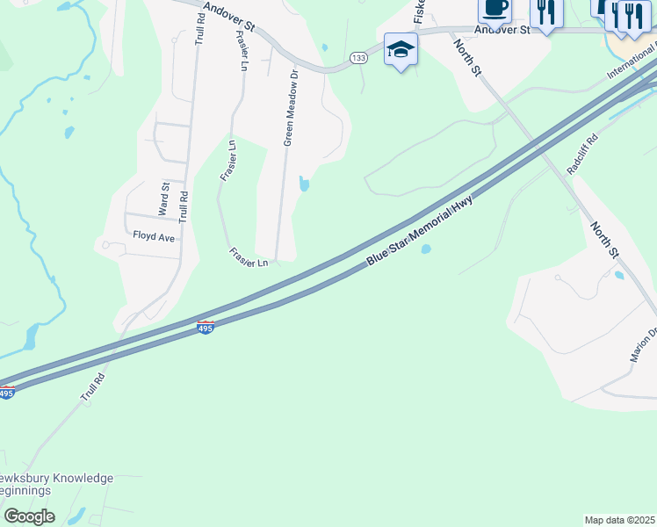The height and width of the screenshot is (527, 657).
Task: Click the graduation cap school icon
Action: [401, 49]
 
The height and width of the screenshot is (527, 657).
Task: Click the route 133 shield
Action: [357, 58]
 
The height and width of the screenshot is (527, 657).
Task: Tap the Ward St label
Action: [164, 199]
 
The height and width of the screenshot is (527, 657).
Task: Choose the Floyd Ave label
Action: [154, 236]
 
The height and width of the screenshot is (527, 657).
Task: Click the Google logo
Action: [29, 516]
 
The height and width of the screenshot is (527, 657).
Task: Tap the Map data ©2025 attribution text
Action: [619, 520]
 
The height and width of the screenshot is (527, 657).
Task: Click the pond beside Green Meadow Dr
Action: [305, 184]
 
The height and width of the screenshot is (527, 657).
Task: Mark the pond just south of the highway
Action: [426, 249]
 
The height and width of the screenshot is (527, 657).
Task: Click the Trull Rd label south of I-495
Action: [93, 388]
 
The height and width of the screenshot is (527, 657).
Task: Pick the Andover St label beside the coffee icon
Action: [502, 29]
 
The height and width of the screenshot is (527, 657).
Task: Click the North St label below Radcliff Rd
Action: [603, 240]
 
